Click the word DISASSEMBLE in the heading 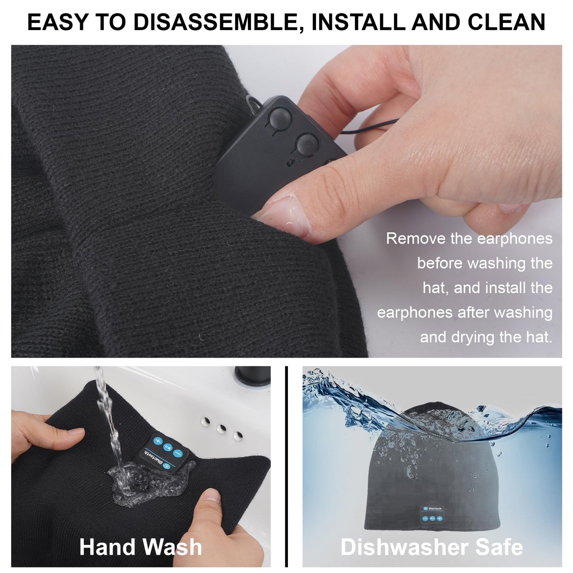click(x=216, y=22)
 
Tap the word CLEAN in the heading click(x=506, y=22)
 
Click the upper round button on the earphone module click(x=280, y=116)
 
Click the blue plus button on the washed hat click(x=157, y=441)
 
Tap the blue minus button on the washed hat click(x=178, y=454)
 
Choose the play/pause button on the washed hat click(x=168, y=447)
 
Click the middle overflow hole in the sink click(x=221, y=429)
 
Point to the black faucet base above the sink click(x=253, y=375)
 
